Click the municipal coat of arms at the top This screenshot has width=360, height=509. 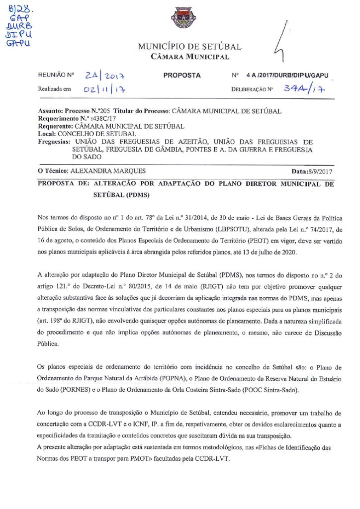(180, 20)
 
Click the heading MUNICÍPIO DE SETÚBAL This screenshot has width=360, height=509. (189, 47)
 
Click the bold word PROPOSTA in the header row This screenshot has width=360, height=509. (182, 76)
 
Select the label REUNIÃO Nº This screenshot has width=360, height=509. (56, 76)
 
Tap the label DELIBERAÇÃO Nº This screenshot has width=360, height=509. (253, 90)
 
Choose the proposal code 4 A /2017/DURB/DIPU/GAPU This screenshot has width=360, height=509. (287, 76)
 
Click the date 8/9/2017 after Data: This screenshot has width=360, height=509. (321, 171)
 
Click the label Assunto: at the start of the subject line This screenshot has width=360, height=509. (52, 111)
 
